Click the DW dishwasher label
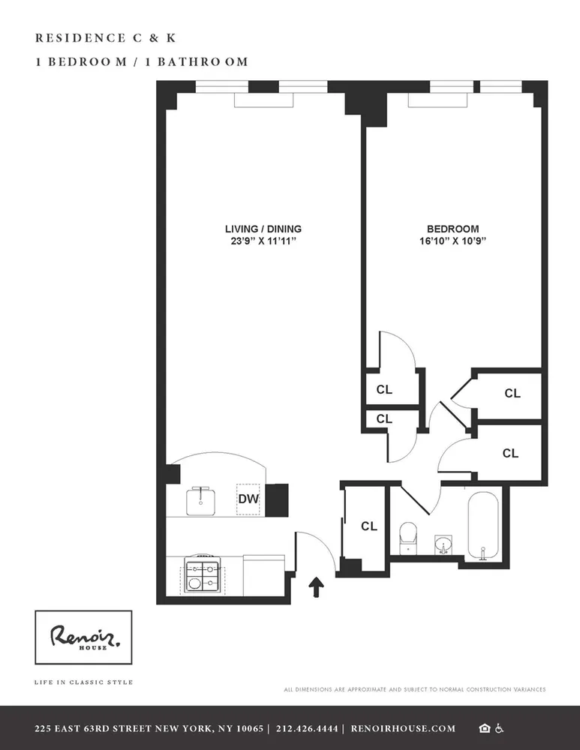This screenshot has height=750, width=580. coord(248,498)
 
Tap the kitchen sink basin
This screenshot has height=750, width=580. coord(200,500)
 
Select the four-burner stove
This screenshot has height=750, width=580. coord(203,574)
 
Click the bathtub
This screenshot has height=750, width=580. coord(488,525)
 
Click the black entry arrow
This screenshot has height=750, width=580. coord(317,586)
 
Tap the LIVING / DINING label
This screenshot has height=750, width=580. coord(263,229)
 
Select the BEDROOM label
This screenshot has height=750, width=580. coord(452,229)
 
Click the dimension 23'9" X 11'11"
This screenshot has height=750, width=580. coord(263,241)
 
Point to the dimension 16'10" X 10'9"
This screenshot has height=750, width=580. coord(452,241)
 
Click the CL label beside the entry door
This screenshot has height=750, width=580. coord(368,526)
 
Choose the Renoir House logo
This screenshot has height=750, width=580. coord(83,637)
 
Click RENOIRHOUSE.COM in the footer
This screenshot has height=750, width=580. coord(401,728)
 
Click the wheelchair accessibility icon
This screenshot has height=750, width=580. coord(500,728)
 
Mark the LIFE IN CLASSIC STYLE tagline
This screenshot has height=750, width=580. coord(83,682)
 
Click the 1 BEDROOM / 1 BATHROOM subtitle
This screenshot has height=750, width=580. coord(142,62)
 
